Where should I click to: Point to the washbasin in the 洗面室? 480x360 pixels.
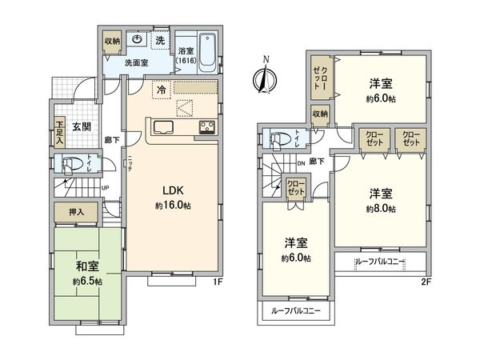pos(138,42)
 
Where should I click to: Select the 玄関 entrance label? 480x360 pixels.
pos(81,127)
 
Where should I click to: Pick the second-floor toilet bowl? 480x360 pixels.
pos(279,139)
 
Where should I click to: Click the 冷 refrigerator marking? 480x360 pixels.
pos(162,90)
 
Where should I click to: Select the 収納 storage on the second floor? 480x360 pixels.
pos(320,114)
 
